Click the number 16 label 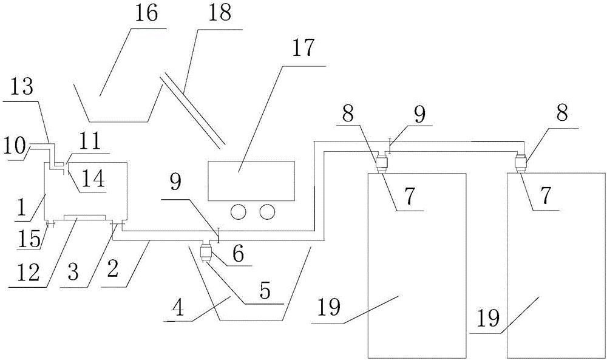click(146, 13)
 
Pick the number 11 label click(90, 141)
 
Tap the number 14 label click(93, 179)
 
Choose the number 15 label click(29, 239)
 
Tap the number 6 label click(238, 255)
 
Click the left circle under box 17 click(239, 211)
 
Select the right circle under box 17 click(268, 211)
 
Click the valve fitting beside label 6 click(205, 253)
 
